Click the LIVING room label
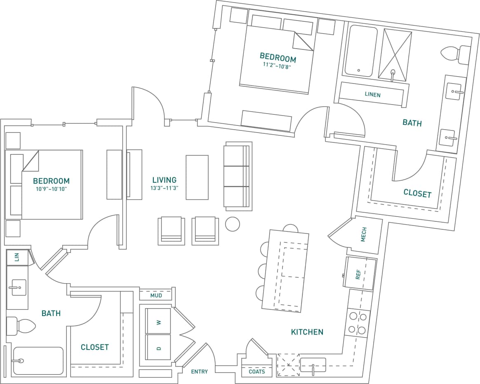click(x=164, y=180)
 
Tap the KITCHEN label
click(x=307, y=332)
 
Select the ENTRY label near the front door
click(x=199, y=372)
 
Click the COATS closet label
click(x=257, y=372)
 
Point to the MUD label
click(x=156, y=296)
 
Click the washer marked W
click(x=158, y=321)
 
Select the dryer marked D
click(x=158, y=348)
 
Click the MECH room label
click(x=364, y=235)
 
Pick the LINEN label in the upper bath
click(x=372, y=95)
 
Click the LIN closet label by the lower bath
click(x=17, y=257)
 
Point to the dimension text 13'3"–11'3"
click(x=164, y=189)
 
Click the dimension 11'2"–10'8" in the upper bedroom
click(x=277, y=65)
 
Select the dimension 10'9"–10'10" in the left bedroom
click(x=51, y=189)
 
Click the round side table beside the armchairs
click(x=232, y=223)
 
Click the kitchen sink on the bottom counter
click(x=313, y=365)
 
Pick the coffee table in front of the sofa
click(x=197, y=177)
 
